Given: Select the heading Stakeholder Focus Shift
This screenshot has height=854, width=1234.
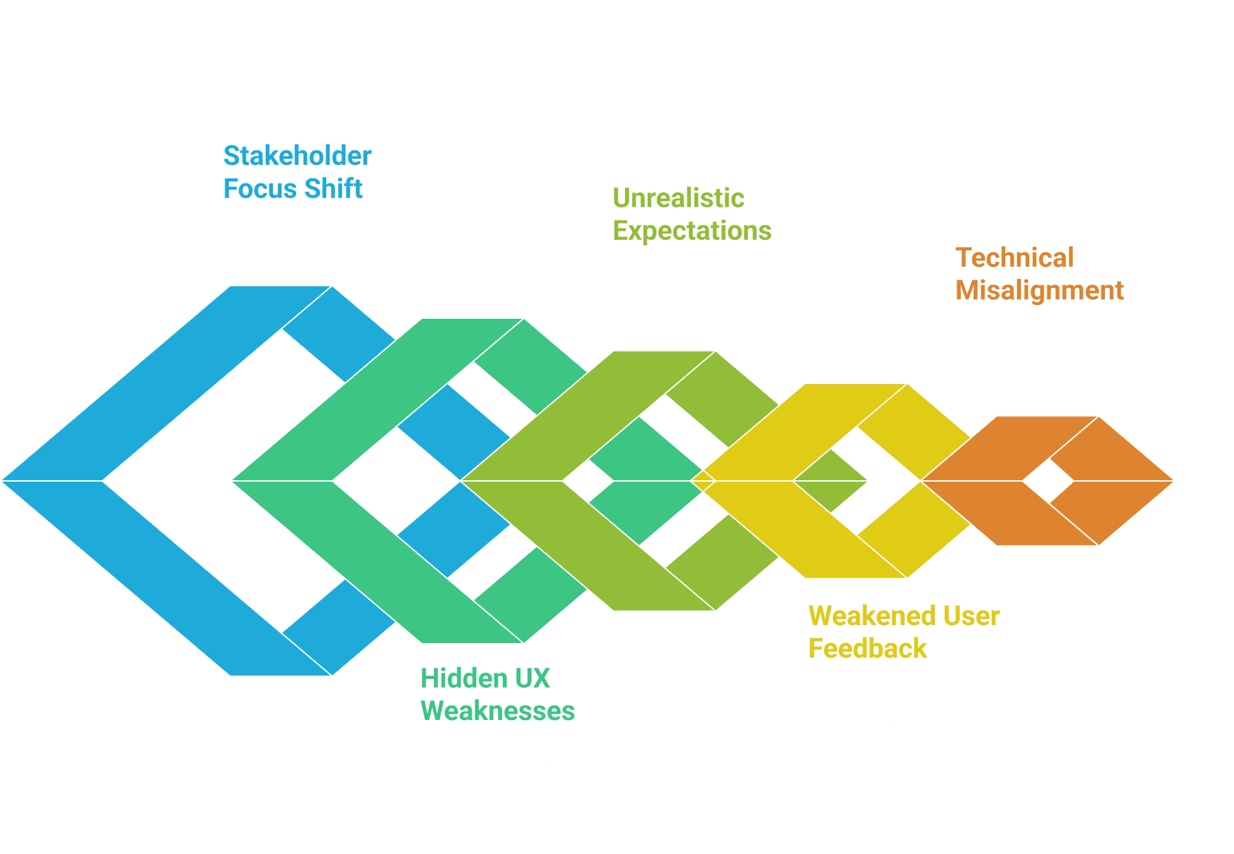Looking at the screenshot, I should coord(297,172).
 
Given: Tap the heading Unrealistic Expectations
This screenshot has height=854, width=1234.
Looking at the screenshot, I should coord(691,214).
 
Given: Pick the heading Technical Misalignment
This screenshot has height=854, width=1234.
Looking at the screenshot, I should coord(1039,274).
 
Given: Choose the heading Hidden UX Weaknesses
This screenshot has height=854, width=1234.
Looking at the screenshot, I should coord(497,695).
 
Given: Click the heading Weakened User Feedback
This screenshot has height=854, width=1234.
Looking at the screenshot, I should coord(903,632).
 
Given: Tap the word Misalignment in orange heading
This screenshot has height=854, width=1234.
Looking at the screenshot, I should coord(1039,291).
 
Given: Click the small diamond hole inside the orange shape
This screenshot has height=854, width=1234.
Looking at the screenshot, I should coord(1047,481).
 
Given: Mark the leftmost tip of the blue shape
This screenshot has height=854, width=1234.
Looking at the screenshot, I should coord(3,481).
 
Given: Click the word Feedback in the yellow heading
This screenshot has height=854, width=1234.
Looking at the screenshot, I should coord(867,649).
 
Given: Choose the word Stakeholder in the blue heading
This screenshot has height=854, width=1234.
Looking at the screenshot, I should coord(297,156).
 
